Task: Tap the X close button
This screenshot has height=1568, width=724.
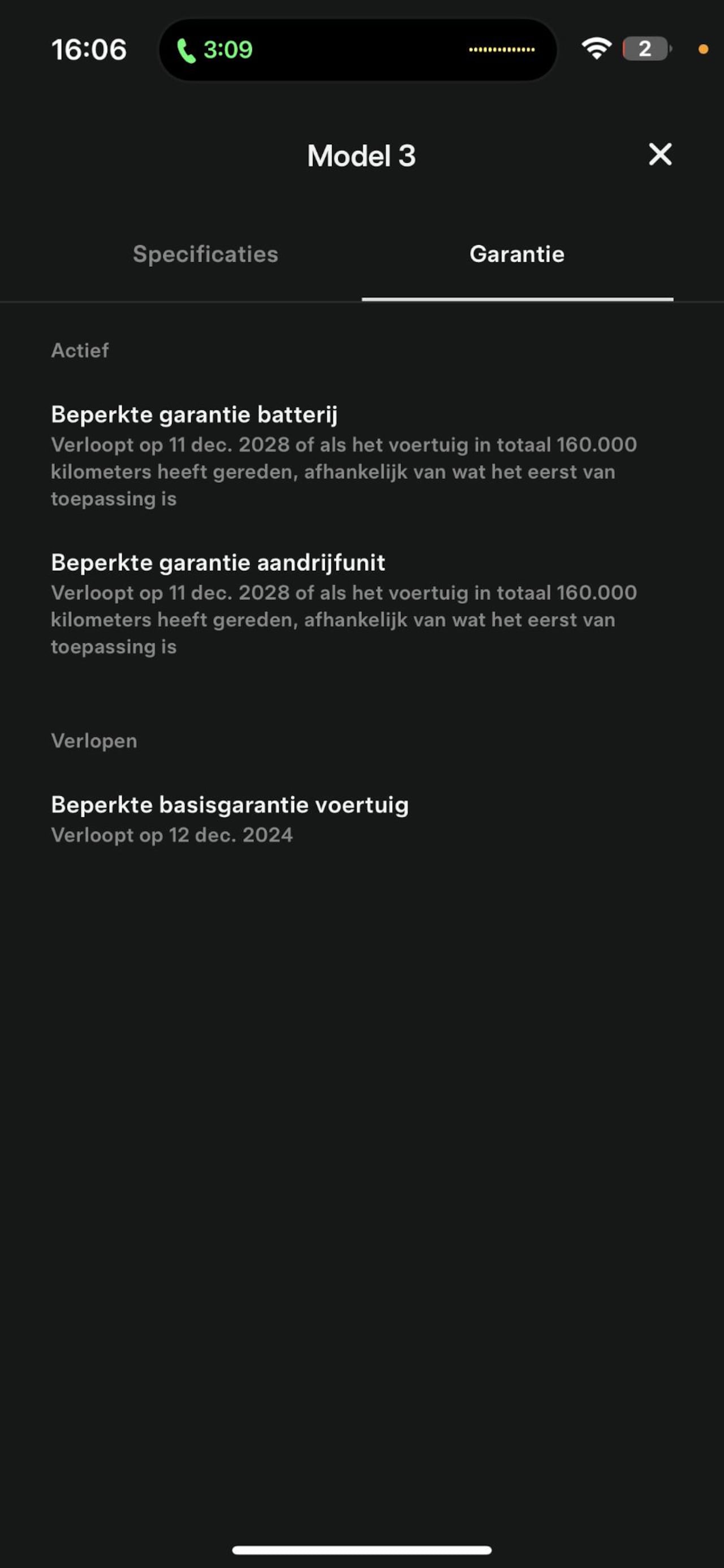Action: [x=660, y=155]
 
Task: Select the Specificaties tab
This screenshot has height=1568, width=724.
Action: [x=205, y=254]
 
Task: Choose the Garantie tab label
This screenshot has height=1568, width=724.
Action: [x=517, y=254]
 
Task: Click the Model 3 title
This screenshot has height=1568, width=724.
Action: [x=361, y=156]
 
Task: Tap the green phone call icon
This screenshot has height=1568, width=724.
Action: [x=186, y=50]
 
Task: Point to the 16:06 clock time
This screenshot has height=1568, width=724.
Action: [x=89, y=49]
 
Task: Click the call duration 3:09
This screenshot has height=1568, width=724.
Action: [x=228, y=49]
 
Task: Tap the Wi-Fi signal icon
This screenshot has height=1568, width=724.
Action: [x=596, y=49]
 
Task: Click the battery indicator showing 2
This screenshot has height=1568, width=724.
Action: [x=645, y=49]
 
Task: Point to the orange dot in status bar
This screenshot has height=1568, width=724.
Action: [x=703, y=49]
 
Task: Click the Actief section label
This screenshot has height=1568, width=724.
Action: [x=80, y=350]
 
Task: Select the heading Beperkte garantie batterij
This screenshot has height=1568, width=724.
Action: [x=193, y=414]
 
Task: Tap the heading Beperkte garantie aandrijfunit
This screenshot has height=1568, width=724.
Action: [x=218, y=562]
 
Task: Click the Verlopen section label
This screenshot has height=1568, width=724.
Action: [x=94, y=741]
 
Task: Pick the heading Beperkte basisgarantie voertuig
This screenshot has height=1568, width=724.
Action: [x=230, y=805]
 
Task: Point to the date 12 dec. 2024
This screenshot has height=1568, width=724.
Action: [x=230, y=834]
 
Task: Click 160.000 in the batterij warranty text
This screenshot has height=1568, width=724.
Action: [x=596, y=444]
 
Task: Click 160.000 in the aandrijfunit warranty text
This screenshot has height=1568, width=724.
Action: [x=596, y=592]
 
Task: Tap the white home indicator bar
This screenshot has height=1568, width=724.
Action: [x=361, y=1550]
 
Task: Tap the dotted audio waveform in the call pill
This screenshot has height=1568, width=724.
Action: [x=501, y=49]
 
